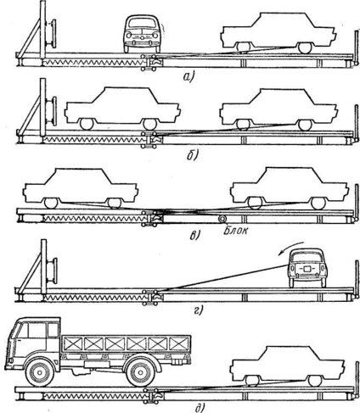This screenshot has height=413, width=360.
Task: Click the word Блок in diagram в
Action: tap(235, 231)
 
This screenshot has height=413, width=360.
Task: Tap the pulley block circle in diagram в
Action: tap(222, 219)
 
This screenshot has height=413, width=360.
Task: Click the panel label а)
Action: tap(188, 76)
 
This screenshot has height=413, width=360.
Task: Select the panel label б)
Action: tap(193, 154)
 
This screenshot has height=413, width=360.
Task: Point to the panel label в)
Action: tap(194, 235)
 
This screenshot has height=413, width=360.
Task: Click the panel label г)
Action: tap(199, 310)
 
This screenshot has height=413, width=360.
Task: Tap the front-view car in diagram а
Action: tap(141, 34)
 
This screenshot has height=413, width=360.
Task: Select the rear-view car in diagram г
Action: tap(307, 268)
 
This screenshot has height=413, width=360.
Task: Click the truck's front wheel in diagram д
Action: tap(39, 372)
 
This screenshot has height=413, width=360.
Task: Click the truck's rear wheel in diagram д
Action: tap(140, 372)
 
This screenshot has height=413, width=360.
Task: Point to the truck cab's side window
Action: tap(53, 330)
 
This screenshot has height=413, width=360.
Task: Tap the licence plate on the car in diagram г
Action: tap(307, 269)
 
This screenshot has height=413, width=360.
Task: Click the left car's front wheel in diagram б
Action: tap(87, 124)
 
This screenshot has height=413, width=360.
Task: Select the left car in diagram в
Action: tap(81, 188)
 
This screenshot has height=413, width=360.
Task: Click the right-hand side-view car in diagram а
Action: tap(278, 32)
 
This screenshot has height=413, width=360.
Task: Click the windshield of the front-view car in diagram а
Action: tap(141, 23)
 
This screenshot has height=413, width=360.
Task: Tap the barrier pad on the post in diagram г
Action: tap(53, 271)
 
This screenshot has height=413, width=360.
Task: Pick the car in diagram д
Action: tap(288, 366)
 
